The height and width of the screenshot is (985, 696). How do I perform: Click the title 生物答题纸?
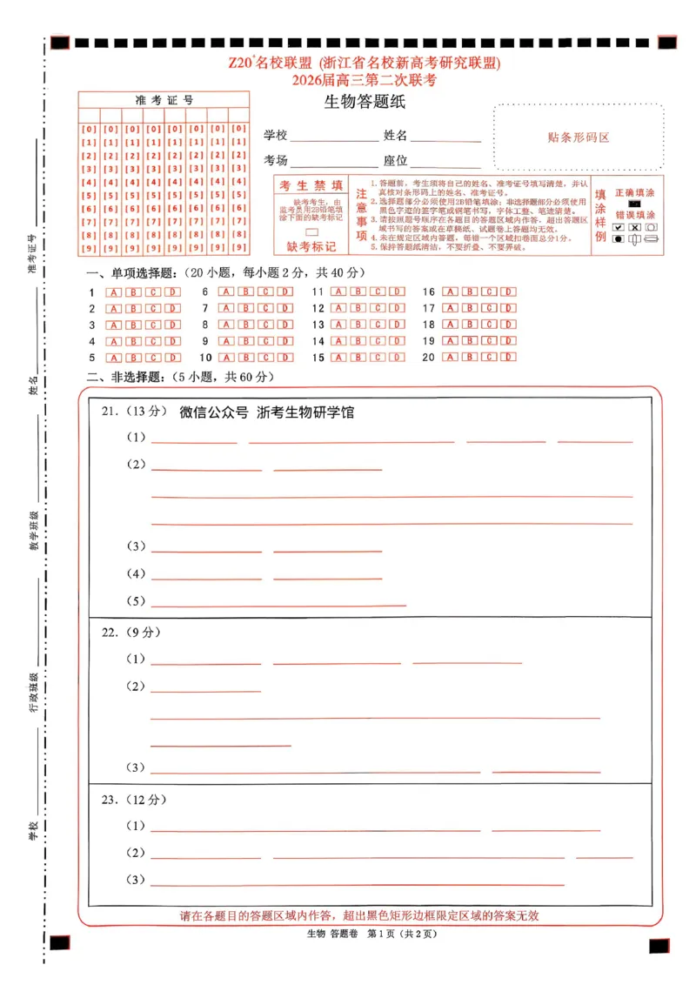(365, 103)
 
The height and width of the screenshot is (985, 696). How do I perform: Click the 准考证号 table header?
(164, 100)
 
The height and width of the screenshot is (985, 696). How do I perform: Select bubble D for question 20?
(508, 357)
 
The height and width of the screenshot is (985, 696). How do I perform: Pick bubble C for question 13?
(377, 325)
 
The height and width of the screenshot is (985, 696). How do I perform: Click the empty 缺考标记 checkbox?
(311, 231)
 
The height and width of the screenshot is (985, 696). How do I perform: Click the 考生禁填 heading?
(311, 185)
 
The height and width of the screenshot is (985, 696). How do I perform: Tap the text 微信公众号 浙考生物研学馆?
(266, 412)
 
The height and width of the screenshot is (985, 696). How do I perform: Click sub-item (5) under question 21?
(137, 601)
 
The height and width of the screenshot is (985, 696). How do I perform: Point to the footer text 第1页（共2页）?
(401, 935)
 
